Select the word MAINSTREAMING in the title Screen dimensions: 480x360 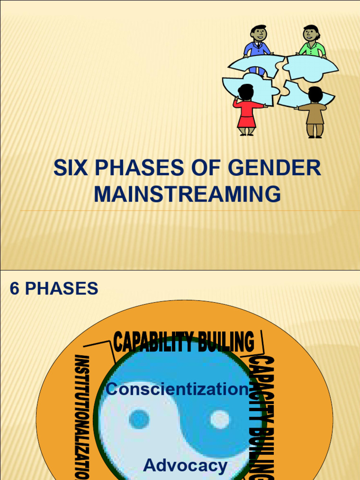point(187,194)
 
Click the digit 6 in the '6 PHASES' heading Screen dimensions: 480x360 point(15,289)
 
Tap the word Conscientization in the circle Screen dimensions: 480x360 point(177,389)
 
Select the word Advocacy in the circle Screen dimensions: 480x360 point(185,465)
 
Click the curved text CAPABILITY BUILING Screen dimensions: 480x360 point(184,342)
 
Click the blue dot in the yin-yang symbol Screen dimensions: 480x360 point(139,419)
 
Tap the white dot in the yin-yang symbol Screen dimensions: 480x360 point(219,419)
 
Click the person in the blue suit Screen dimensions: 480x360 point(257,47)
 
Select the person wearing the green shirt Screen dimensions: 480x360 point(311,45)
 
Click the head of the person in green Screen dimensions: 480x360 point(310,33)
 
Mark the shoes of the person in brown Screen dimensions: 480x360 point(315,136)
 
